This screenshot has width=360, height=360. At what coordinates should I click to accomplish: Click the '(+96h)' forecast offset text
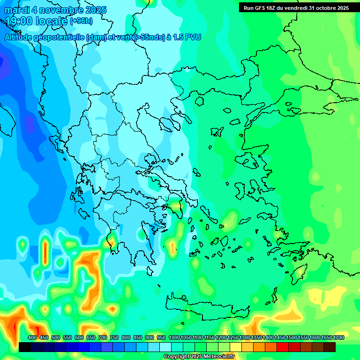(81, 21)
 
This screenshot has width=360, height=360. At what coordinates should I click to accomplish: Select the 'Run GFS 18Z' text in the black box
(261, 8)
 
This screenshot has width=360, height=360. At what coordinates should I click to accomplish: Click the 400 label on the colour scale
(32, 337)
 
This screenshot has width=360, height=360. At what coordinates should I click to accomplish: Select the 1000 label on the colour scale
(174, 337)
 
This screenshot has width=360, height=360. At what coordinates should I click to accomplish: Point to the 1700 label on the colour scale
(338, 337)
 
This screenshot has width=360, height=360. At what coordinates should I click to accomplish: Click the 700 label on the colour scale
(103, 337)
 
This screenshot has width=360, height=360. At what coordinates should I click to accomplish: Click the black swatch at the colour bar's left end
(25, 347)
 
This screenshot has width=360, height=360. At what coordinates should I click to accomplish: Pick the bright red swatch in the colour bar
(283, 347)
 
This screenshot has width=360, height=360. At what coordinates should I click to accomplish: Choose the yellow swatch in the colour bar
(236, 347)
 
